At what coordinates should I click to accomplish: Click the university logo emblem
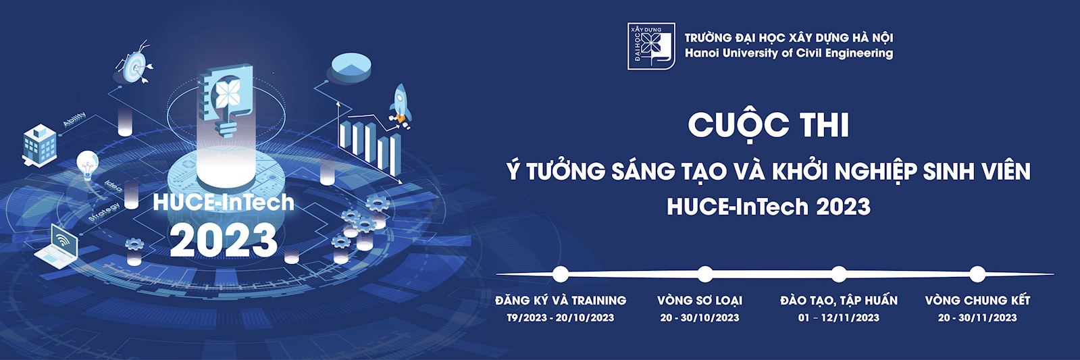651,46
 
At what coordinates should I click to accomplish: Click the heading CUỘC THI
768,126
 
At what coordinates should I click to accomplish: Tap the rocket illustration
400,104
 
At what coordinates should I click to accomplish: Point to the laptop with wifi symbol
57,246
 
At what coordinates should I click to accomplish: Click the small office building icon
40,145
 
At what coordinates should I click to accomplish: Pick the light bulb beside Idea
87,164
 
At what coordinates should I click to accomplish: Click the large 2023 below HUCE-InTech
224,240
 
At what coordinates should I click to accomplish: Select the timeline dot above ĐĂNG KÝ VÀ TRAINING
560,274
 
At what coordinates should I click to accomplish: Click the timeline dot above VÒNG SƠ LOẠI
705,274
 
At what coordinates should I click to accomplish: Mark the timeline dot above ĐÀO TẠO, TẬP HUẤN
839,274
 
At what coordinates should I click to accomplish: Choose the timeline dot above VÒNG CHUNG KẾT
977,274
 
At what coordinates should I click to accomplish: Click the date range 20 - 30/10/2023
700,317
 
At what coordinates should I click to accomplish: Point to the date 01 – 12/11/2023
839,317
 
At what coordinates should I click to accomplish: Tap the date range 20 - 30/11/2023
977,317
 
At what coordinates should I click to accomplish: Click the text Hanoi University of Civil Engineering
789,53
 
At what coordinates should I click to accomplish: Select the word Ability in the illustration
75,119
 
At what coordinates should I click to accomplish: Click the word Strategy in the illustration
105,212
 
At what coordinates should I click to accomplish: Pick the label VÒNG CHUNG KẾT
977,301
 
